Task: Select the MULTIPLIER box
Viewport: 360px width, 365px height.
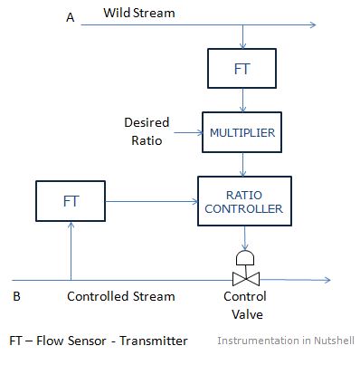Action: [x=242, y=132]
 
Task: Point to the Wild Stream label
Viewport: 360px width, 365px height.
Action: [x=138, y=14]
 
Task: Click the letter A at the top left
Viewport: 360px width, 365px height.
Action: [x=70, y=17]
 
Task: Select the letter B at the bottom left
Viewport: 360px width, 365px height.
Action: [x=16, y=296]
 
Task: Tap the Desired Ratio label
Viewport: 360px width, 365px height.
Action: [x=146, y=131]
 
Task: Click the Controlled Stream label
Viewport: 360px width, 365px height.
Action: [x=121, y=296]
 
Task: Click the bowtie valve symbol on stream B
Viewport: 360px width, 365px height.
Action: [x=243, y=279]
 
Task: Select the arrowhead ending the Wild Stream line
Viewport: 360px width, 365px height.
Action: [x=311, y=24]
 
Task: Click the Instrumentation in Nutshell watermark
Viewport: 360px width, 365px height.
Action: [x=286, y=341]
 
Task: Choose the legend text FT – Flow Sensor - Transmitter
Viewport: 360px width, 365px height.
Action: [x=98, y=341]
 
